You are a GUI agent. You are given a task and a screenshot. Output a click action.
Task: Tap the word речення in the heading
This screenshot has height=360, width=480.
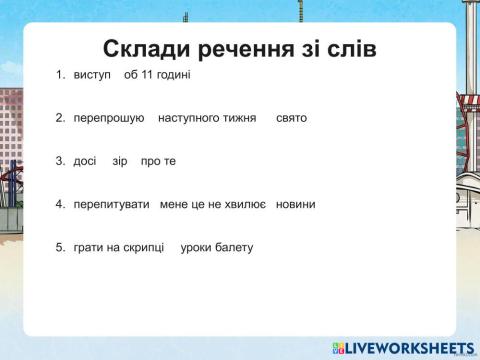[243, 49]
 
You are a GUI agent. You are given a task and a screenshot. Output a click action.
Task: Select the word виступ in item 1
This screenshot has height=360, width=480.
[91, 75]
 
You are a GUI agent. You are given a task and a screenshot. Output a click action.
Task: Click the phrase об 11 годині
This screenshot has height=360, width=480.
[157, 75]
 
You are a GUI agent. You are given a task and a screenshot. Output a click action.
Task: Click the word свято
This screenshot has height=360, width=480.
[291, 118]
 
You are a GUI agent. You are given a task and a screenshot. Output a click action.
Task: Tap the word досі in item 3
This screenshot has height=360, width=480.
[85, 161]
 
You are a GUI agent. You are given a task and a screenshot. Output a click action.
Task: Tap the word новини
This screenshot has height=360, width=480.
[295, 204]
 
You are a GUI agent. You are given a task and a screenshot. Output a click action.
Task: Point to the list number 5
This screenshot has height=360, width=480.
[60, 247]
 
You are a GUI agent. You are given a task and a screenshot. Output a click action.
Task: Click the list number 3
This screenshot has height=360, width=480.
[60, 161]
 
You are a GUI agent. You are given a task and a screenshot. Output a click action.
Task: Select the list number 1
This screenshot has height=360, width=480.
[60, 75]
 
